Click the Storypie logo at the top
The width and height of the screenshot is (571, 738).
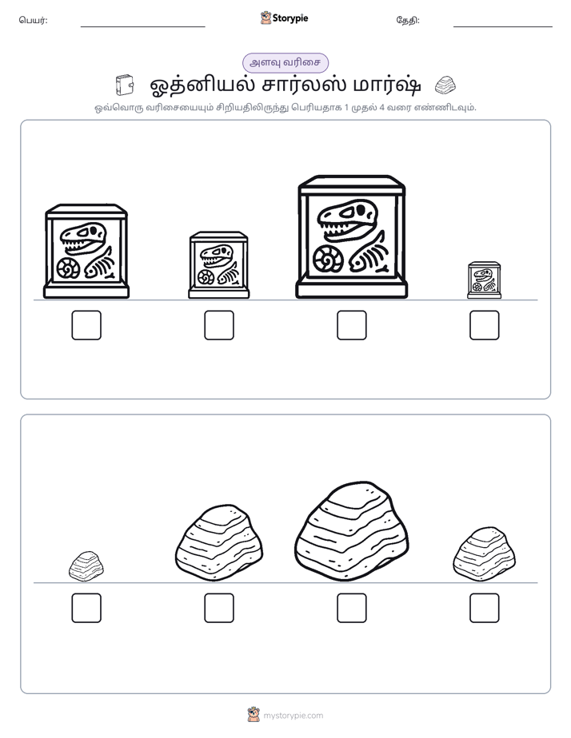point(284,18)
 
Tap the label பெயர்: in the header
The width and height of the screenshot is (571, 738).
point(33,20)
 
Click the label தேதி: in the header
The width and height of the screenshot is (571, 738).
point(408,20)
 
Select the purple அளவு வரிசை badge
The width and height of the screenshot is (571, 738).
point(285,62)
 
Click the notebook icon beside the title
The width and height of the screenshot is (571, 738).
point(125,85)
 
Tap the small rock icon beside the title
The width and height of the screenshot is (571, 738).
point(445,85)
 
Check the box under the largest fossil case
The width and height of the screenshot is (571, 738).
point(351,325)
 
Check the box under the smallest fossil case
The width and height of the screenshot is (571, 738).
point(485,325)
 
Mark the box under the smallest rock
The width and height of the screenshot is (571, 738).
point(86,608)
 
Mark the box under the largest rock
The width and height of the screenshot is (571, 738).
point(351,608)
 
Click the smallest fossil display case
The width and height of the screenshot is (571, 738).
point(485,280)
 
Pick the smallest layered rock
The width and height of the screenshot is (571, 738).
point(86,566)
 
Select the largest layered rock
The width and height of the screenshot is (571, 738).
point(351,531)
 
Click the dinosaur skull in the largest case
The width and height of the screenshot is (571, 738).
point(348,220)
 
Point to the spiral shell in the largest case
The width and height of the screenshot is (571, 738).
point(328,260)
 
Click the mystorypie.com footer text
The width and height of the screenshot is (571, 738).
point(293,716)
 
